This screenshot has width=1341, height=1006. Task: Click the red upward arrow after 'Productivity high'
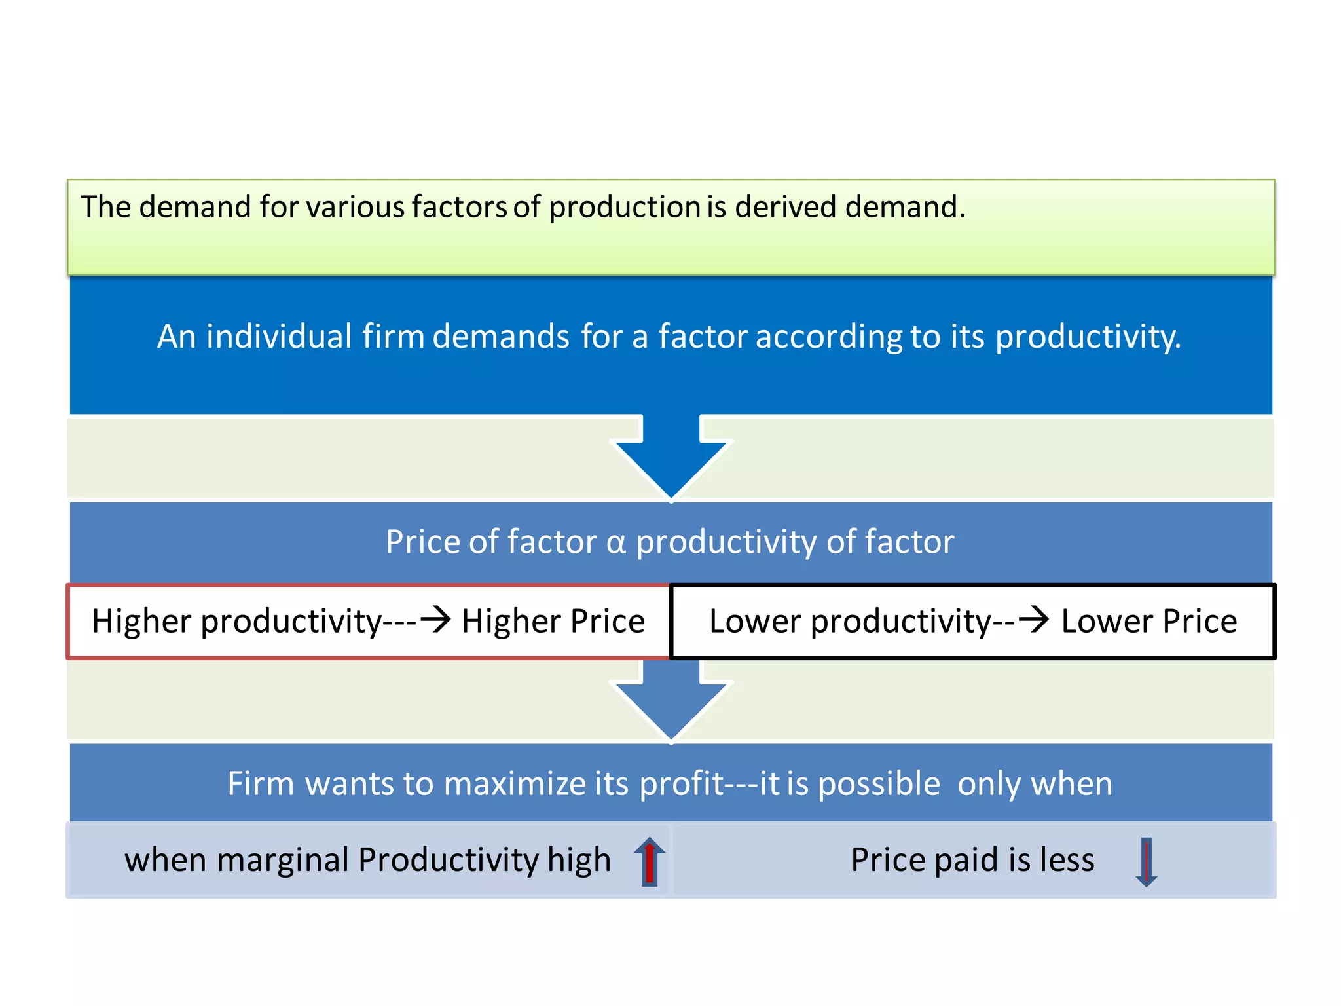649,862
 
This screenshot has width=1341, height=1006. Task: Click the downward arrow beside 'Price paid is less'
1146,862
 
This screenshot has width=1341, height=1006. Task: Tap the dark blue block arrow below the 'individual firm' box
671,458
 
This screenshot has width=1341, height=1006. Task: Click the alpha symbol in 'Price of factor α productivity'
616,543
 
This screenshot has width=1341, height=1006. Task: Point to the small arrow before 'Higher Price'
435,619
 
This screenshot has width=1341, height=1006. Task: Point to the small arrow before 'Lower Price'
1034,619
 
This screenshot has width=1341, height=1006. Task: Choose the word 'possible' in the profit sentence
879,784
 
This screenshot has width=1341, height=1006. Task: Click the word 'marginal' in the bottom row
282,860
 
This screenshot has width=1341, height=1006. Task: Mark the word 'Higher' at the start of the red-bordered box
141,621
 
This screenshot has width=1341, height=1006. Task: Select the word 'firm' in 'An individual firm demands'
393,337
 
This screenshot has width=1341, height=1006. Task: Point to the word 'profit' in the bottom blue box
681,784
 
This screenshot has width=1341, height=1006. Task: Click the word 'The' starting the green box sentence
105,207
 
